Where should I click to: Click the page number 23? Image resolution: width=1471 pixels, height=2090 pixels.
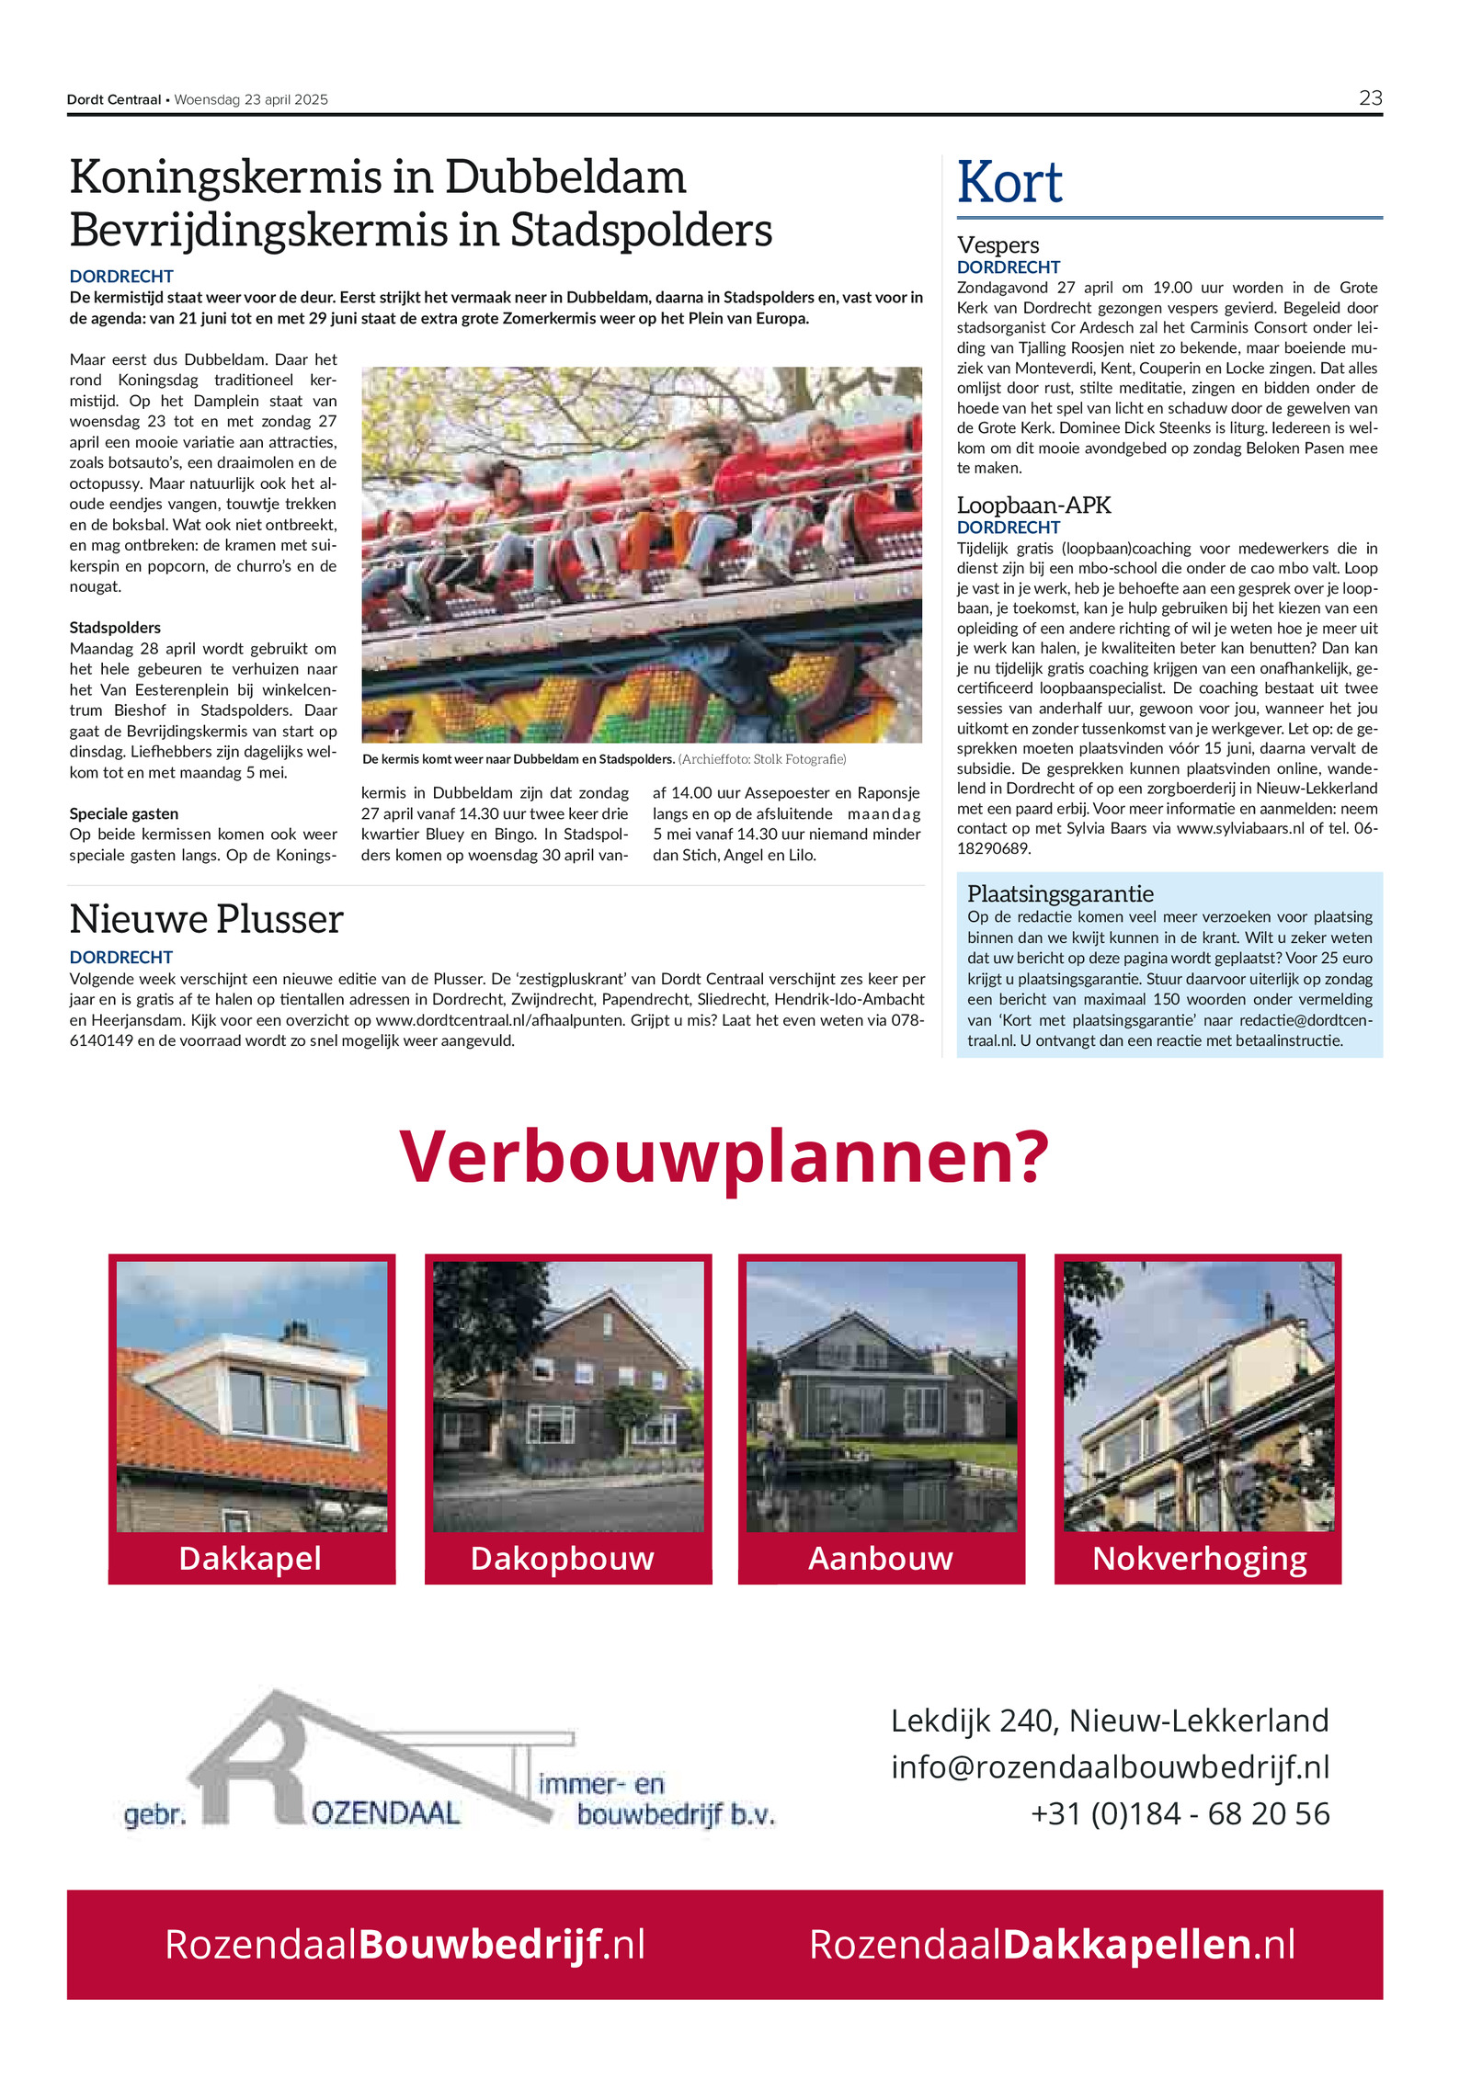click(1370, 97)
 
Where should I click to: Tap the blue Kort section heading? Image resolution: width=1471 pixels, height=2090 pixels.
click(1009, 182)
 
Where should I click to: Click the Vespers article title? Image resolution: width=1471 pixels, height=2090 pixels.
click(998, 244)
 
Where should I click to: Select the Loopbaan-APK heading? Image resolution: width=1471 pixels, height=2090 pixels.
click(1033, 505)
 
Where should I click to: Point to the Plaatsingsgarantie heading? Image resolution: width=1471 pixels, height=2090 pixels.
click(1060, 893)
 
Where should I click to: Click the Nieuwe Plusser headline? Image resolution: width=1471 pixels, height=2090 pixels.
click(206, 919)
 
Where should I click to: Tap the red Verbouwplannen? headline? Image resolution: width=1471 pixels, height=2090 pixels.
click(724, 1156)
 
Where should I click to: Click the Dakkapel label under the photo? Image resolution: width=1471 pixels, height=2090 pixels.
click(250, 1558)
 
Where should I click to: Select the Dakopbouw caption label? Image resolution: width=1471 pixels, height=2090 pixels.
click(562, 1558)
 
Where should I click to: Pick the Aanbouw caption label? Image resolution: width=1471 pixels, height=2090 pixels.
click(880, 1558)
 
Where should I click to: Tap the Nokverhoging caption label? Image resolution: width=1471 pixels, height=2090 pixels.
click(1199, 1558)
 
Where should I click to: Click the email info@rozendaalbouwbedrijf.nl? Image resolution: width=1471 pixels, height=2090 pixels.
click(1110, 1766)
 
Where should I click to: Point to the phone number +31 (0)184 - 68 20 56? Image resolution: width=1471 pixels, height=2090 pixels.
click(1180, 1813)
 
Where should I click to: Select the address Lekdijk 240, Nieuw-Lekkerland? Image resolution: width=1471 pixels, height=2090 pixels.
click(1110, 1720)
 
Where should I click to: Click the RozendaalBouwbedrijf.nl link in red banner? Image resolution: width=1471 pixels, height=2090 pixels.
click(405, 1944)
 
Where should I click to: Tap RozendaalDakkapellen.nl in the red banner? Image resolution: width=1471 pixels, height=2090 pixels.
click(1052, 1944)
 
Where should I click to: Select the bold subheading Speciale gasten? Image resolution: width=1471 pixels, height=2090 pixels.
click(124, 813)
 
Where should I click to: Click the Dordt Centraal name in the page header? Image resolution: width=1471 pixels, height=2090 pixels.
click(113, 99)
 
